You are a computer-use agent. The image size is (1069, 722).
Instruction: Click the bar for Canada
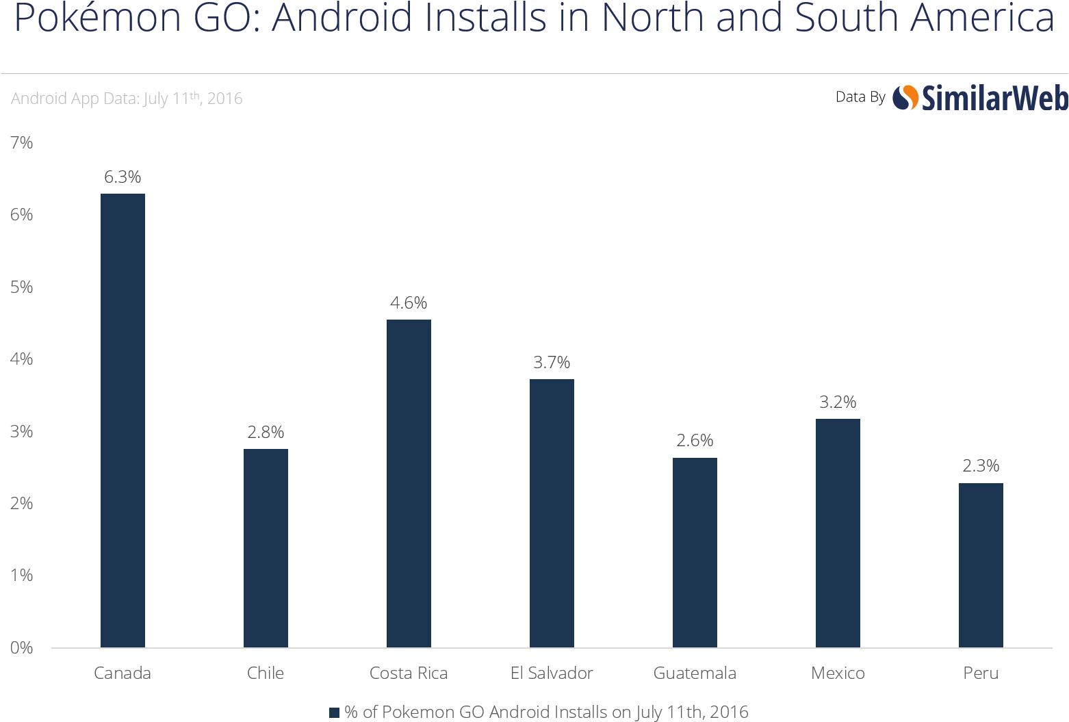click(x=123, y=420)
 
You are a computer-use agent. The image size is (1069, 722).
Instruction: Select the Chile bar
click(x=266, y=547)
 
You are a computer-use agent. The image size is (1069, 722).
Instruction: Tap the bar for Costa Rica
click(x=409, y=483)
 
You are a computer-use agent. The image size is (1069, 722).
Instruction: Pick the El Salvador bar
click(x=552, y=513)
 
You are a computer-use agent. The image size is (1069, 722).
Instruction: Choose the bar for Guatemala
click(x=695, y=552)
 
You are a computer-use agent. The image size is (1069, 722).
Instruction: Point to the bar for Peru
click(x=981, y=565)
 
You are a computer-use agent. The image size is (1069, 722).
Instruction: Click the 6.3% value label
click(x=123, y=177)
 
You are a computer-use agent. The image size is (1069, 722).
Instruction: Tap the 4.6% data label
click(x=409, y=302)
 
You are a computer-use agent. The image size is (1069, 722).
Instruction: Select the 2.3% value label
click(x=981, y=466)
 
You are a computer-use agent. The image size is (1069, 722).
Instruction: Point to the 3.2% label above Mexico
click(x=838, y=402)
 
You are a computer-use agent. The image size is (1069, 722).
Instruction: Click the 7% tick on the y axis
click(x=21, y=142)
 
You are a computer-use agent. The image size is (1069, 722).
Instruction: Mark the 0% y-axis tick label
click(x=21, y=647)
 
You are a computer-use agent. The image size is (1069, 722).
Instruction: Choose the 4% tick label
click(x=21, y=359)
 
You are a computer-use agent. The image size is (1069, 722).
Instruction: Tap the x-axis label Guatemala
click(x=695, y=673)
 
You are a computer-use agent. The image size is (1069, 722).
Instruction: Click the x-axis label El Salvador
click(x=552, y=673)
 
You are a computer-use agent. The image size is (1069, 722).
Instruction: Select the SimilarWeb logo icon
click(x=905, y=98)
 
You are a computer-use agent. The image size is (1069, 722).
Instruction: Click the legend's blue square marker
click(x=334, y=712)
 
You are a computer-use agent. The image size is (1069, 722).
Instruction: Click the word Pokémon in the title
click(x=97, y=18)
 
